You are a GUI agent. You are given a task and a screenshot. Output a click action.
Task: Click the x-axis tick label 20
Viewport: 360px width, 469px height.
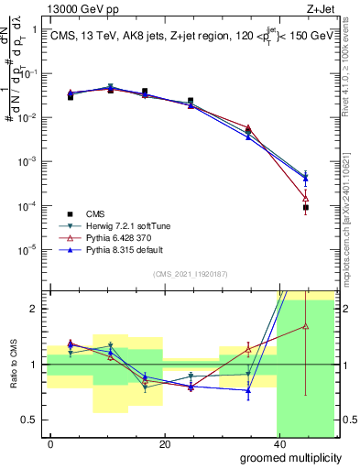point(164,443)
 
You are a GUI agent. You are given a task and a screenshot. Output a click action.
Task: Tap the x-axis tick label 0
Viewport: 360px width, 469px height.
point(50,443)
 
